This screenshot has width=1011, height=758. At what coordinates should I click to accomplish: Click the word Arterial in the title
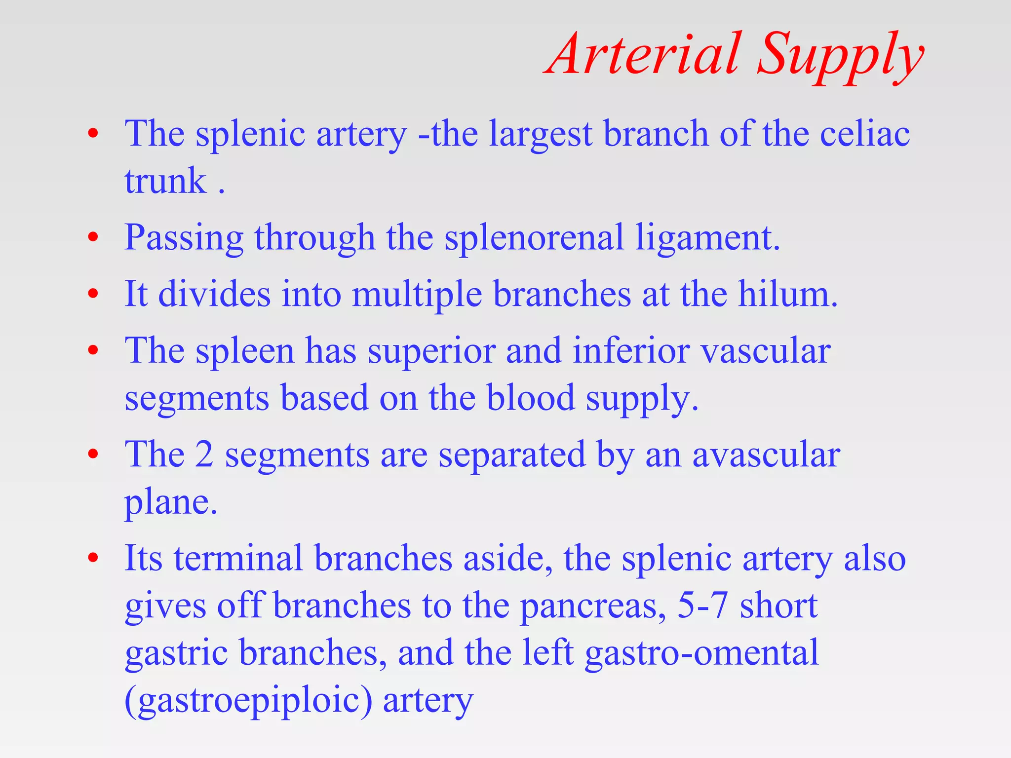pos(644,54)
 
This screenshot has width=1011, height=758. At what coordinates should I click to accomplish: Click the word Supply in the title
pos(839,57)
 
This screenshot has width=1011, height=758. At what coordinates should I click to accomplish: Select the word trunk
pos(165,182)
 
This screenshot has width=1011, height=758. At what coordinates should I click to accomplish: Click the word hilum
pos(787,295)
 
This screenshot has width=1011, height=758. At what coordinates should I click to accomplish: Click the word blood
pos(531,398)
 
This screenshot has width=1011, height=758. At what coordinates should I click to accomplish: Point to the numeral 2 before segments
pos(204,454)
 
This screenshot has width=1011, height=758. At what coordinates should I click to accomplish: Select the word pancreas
pos(592,607)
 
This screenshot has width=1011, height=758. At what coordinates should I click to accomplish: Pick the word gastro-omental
pos(701,653)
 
